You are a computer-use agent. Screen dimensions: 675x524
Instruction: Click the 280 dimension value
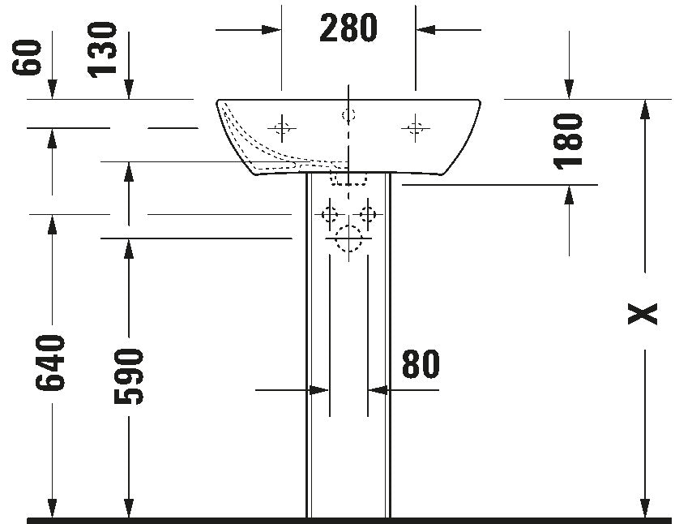[348, 28]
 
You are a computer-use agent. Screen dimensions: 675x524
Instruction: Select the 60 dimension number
[27, 58]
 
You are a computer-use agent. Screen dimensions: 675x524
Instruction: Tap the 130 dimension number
[102, 50]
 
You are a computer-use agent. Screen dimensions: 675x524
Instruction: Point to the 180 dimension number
[568, 141]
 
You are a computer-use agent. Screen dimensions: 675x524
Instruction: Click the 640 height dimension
[50, 363]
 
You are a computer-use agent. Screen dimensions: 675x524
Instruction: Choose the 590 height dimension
[128, 377]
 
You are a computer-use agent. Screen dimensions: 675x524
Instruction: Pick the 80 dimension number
[421, 364]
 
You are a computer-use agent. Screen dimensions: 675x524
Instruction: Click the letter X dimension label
[643, 314]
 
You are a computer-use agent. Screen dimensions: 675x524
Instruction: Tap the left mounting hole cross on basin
[282, 128]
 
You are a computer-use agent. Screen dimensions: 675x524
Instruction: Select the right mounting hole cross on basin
[416, 128]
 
